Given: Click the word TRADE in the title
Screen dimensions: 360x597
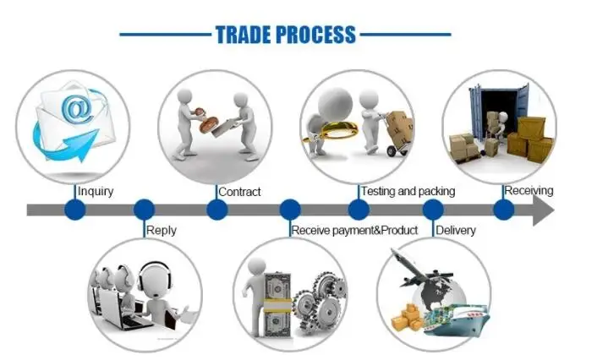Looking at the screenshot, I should (245, 35).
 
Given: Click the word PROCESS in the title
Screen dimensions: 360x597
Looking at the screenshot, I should (315, 35).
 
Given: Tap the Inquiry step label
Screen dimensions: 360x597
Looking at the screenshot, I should (96, 191).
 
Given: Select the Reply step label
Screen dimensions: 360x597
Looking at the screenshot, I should (162, 230).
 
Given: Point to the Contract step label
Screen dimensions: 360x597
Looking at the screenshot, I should (239, 192).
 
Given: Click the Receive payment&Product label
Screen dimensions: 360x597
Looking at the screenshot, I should (354, 230).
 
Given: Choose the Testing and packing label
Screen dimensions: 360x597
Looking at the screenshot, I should (408, 191).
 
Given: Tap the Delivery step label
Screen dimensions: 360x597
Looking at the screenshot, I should (456, 230).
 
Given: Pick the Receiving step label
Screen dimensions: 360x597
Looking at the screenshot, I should (529, 190).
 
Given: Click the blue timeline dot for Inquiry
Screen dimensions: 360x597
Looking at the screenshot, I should (75, 209).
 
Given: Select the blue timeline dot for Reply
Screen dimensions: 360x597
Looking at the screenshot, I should (144, 209).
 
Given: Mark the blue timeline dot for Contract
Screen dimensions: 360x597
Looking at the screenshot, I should (217, 209).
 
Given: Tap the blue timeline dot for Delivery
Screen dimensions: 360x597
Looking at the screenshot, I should (433, 209).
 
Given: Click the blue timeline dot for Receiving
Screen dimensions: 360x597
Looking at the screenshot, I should (504, 209).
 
